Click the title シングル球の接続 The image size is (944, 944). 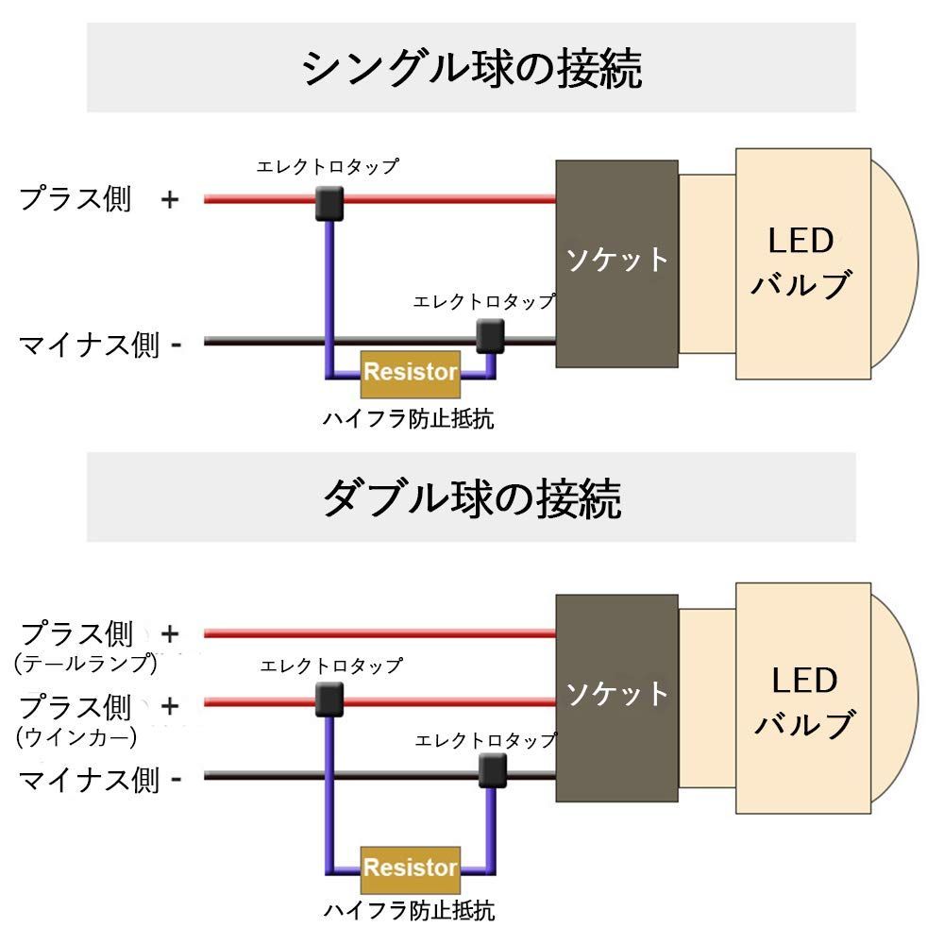[x=471, y=68]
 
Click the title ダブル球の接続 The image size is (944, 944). [x=471, y=497]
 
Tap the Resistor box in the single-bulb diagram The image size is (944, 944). [x=411, y=372]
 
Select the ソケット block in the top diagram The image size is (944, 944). [x=616, y=262]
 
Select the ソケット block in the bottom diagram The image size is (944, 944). [x=616, y=697]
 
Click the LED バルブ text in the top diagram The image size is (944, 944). [x=801, y=262]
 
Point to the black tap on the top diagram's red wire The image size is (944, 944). [x=329, y=201]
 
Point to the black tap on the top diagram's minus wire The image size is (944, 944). [x=490, y=334]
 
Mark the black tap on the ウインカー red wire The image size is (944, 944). [x=329, y=700]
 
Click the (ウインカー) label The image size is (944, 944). [x=77, y=735]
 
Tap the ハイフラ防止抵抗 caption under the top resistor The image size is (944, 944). [x=409, y=418]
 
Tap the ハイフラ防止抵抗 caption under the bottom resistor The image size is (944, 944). [x=409, y=911]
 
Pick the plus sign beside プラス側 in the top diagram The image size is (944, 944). [x=169, y=200]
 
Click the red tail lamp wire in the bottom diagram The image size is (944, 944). [x=378, y=632]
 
